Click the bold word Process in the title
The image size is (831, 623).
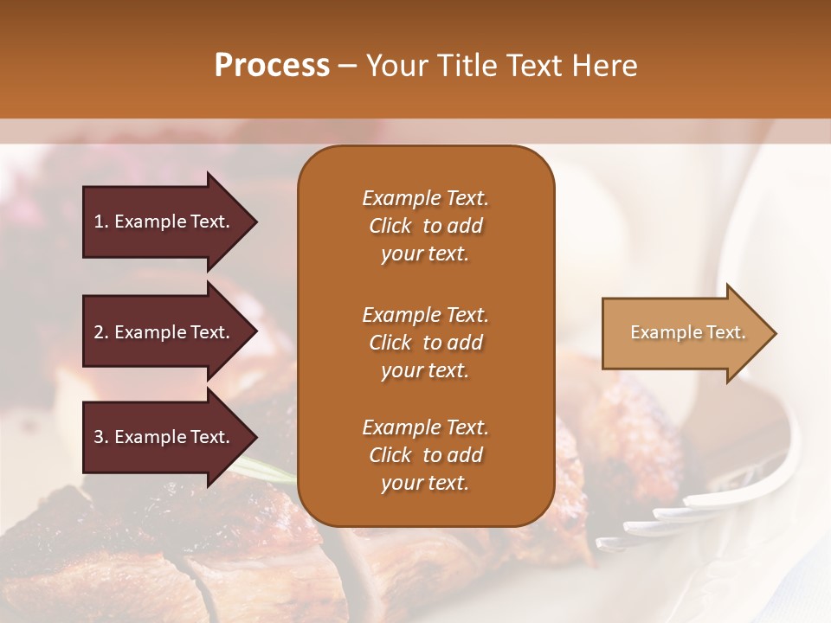click(x=272, y=66)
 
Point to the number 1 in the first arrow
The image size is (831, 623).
click(x=99, y=222)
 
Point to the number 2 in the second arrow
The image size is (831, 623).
click(x=99, y=333)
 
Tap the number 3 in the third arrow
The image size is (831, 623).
click(x=99, y=437)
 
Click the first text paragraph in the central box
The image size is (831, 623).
click(x=425, y=226)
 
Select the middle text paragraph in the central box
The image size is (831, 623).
click(x=425, y=343)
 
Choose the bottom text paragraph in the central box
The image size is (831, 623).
click(x=425, y=455)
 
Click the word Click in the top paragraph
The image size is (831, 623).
click(x=390, y=226)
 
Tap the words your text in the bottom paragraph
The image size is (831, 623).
click(x=425, y=483)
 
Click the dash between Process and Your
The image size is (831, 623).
click(x=347, y=66)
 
